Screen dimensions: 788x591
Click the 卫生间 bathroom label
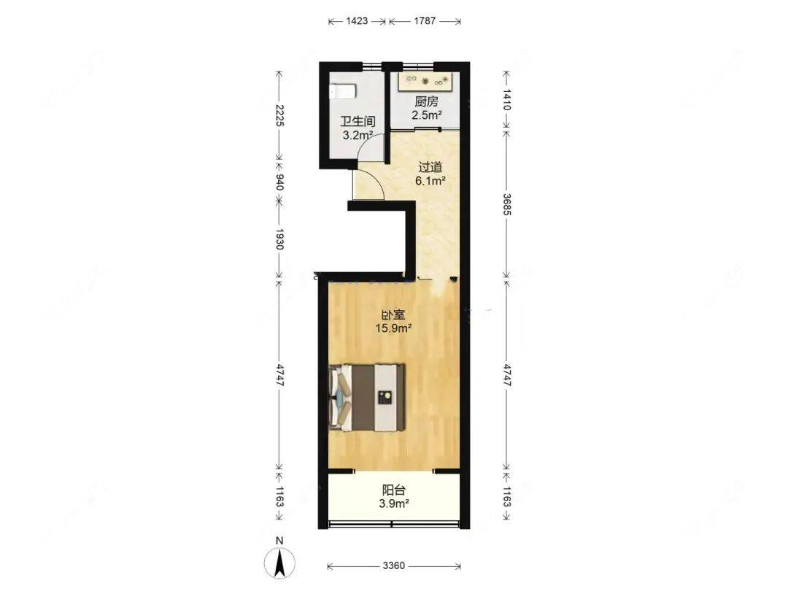[358, 121]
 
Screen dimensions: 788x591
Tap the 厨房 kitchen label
[426, 101]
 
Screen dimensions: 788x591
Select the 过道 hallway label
[430, 167]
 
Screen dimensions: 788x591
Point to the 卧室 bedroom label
[393, 315]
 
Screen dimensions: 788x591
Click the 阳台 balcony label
[393, 490]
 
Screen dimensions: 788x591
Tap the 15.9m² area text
[394, 328]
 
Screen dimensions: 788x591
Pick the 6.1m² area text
[430, 181]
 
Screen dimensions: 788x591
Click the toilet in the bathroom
[343, 91]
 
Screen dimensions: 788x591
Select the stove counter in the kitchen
[428, 82]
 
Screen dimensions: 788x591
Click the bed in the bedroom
[367, 398]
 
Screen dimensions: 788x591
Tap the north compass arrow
[280, 562]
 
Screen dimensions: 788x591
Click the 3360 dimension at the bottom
[393, 566]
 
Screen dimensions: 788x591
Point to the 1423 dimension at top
[357, 21]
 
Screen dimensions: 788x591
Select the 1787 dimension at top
[425, 21]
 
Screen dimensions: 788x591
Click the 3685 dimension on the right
[506, 204]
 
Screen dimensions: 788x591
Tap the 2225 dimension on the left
[280, 115]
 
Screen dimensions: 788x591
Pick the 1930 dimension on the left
[280, 239]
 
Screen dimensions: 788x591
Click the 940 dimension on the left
[280, 182]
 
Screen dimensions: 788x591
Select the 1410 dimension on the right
[506, 99]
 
